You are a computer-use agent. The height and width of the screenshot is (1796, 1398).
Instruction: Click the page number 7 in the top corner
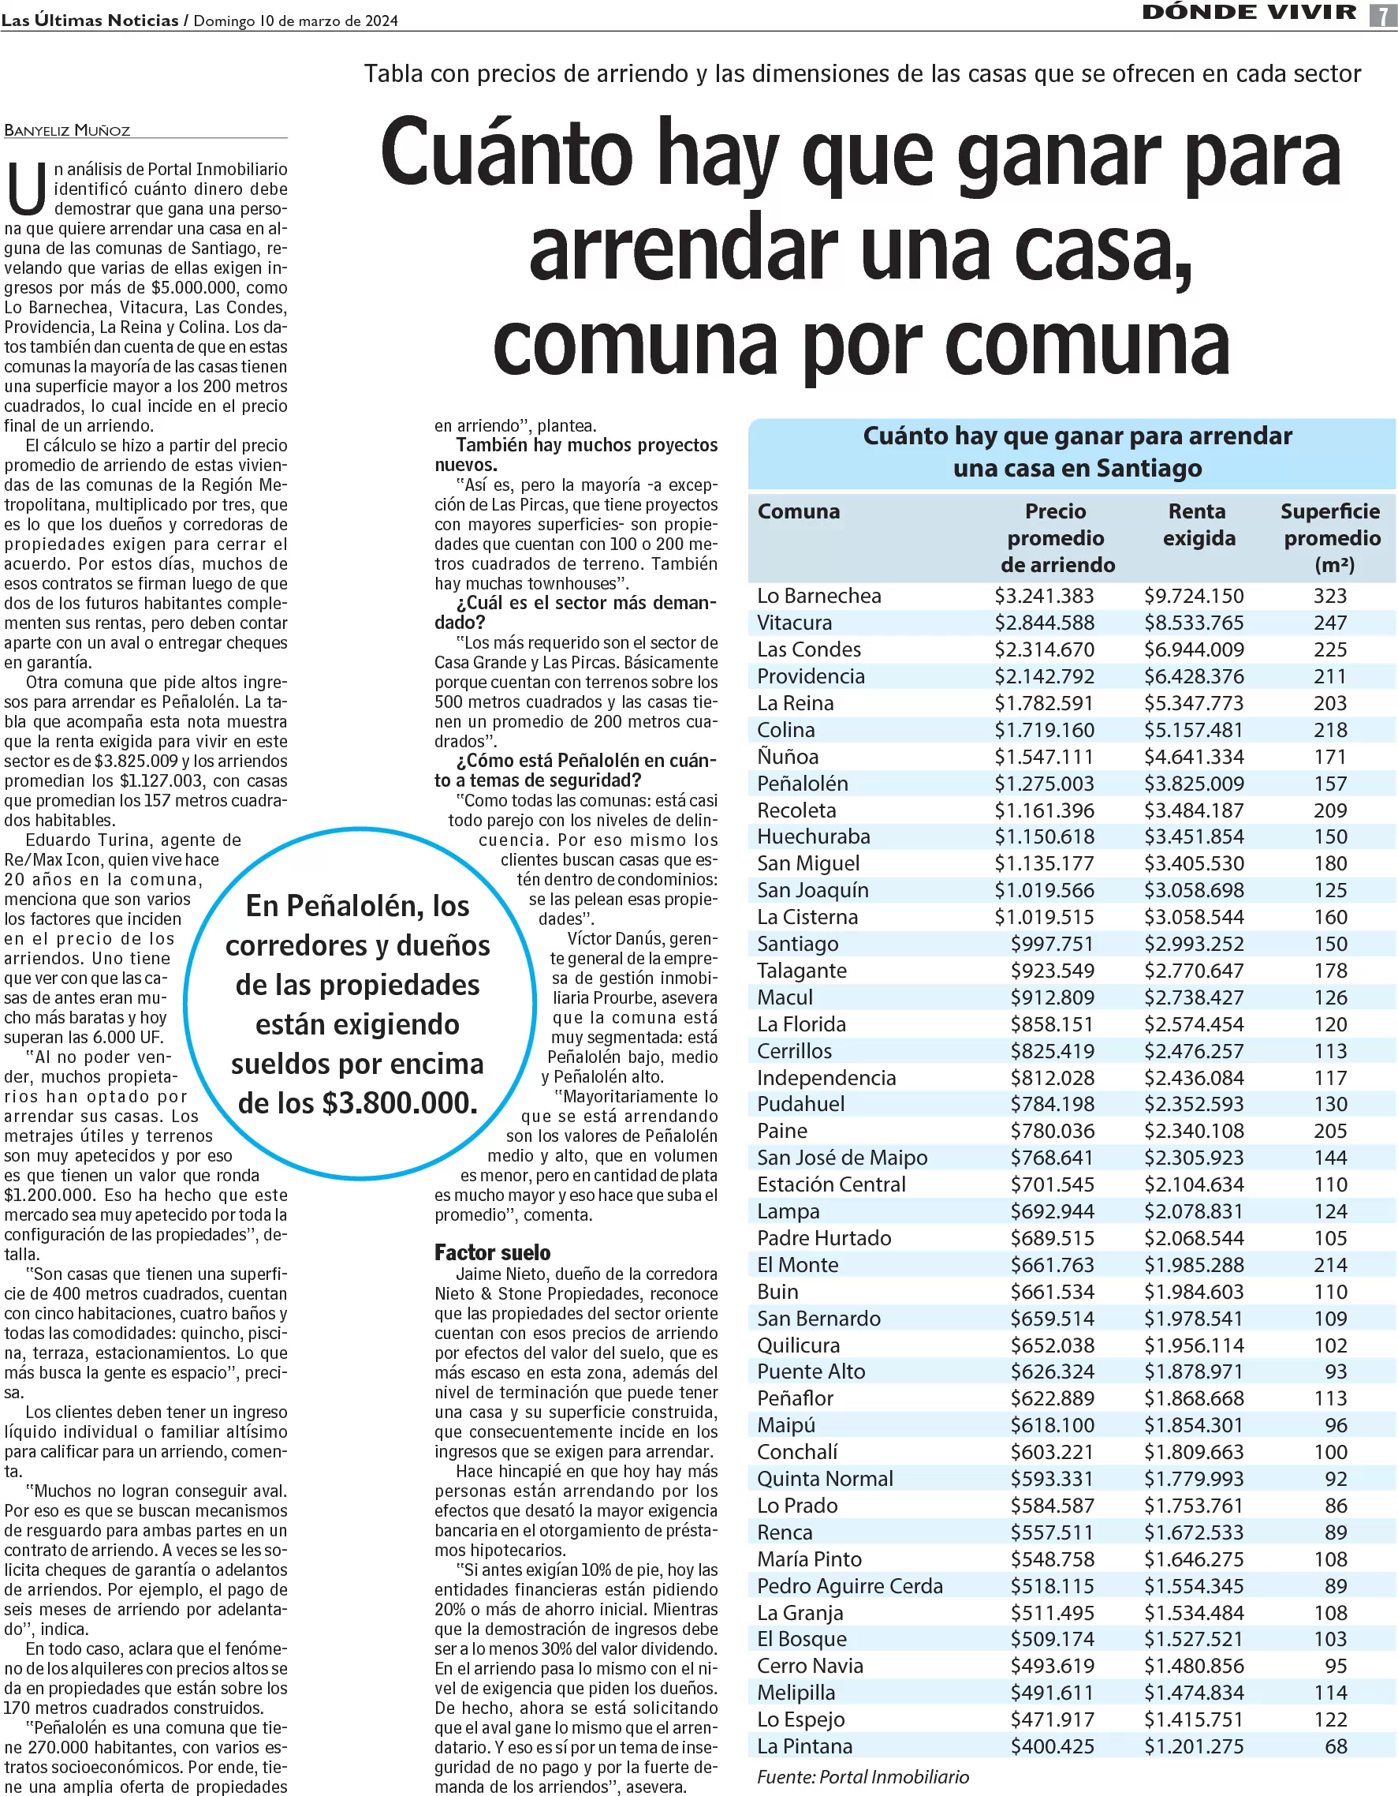[1382, 15]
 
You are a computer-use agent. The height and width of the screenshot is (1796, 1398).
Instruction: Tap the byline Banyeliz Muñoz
[67, 130]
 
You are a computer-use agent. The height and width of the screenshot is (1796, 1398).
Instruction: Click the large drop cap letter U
[26, 189]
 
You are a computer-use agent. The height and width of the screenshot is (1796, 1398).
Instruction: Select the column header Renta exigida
[1198, 525]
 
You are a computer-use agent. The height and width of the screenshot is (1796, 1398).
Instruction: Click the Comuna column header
[798, 511]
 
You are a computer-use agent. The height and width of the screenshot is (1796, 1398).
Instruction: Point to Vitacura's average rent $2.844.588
[1044, 623]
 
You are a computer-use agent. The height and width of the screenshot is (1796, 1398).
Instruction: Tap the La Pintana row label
[804, 1745]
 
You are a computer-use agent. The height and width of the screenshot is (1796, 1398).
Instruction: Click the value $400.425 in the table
[1052, 1745]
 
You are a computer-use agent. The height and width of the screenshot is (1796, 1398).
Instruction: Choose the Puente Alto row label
[811, 1371]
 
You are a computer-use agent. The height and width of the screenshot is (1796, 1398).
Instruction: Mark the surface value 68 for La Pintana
[1336, 1745]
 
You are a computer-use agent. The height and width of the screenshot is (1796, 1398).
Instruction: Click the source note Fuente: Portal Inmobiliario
[862, 1777]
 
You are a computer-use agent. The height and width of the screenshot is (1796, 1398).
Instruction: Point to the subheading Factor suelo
[492, 1252]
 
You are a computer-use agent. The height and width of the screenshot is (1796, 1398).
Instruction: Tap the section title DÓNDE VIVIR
[1249, 13]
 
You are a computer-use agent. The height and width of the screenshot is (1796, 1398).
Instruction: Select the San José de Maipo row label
[841, 1157]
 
